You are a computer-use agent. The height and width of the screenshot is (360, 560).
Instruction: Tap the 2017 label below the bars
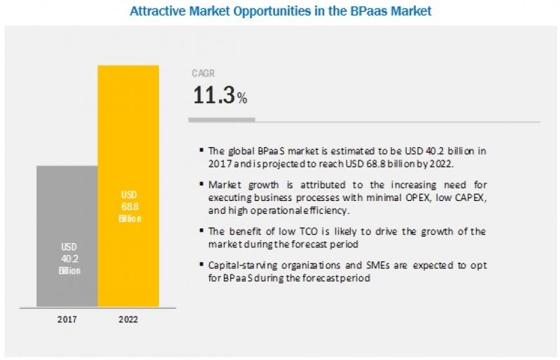click(67, 319)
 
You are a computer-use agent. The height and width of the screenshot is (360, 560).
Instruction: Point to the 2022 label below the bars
click(128, 319)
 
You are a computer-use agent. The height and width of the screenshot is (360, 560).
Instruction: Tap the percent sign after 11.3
click(242, 99)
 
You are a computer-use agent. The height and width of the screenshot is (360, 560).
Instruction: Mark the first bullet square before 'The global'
click(202, 149)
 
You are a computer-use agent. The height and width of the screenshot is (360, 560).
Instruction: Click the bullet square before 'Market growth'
click(202, 184)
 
